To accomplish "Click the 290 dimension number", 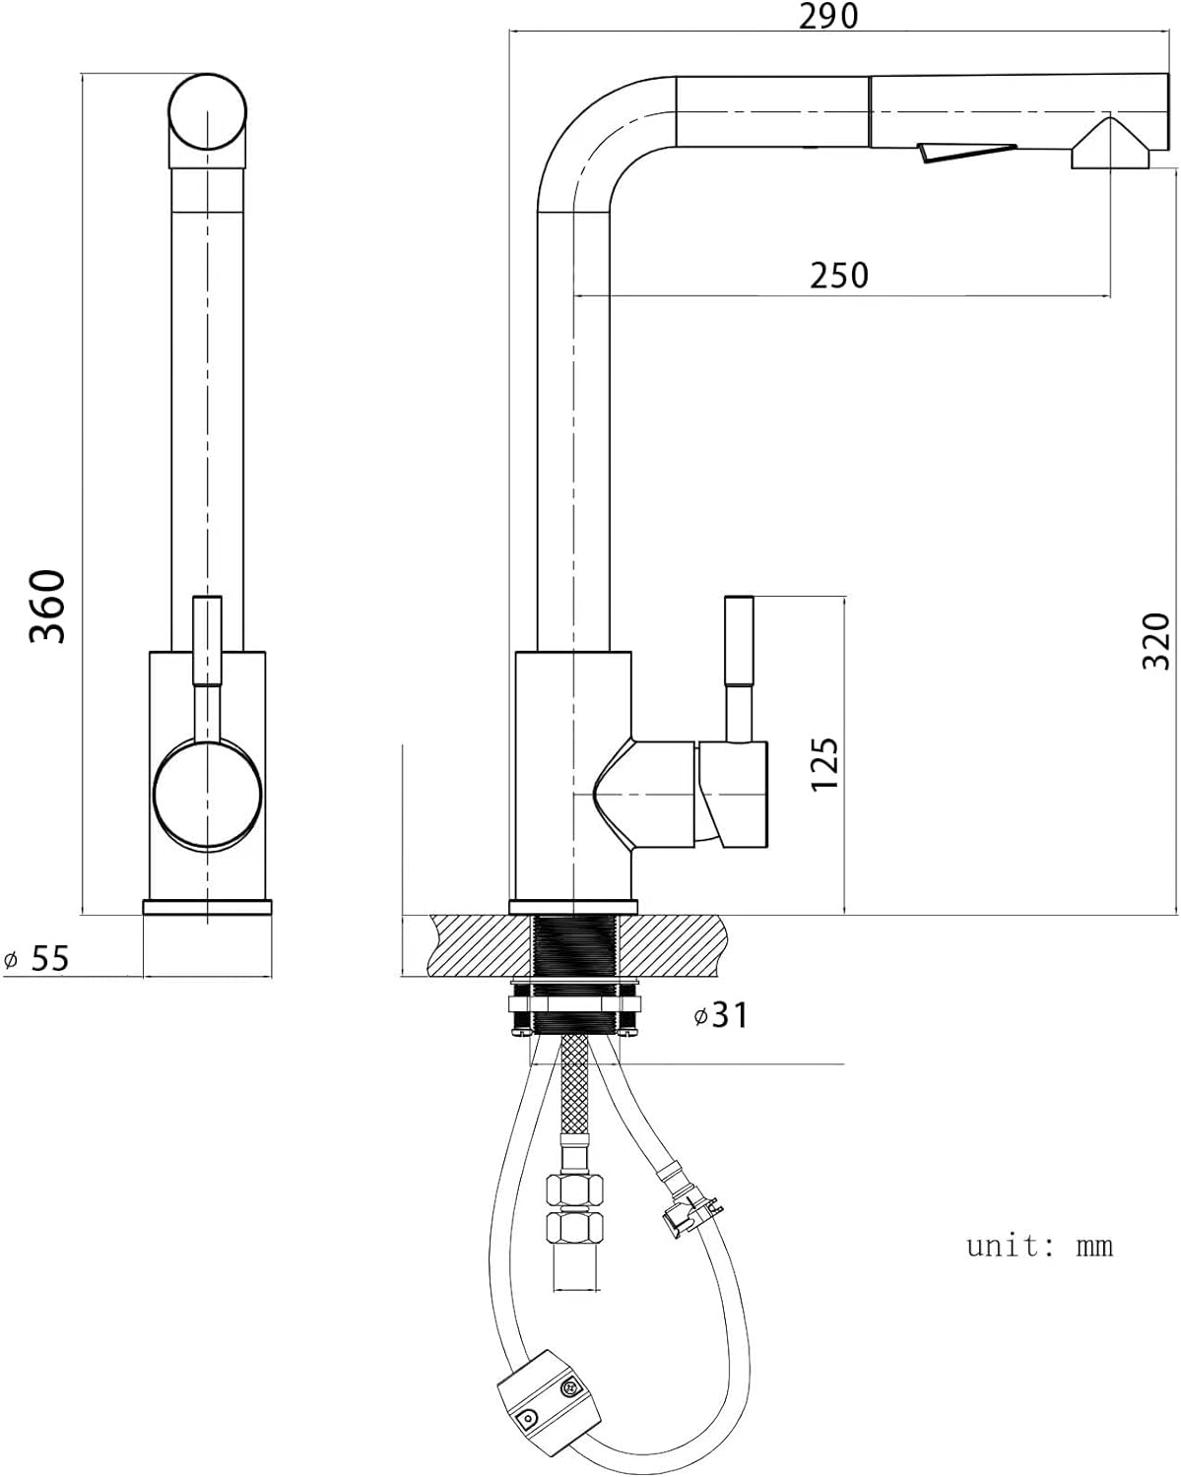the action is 828,16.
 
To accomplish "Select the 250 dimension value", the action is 839,276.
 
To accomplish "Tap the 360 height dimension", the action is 48,606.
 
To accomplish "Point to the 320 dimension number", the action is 1156,641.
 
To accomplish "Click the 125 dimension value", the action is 824,764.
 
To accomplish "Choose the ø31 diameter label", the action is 720,1014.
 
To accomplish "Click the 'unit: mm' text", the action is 1039,1246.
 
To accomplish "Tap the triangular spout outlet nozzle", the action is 1110,144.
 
